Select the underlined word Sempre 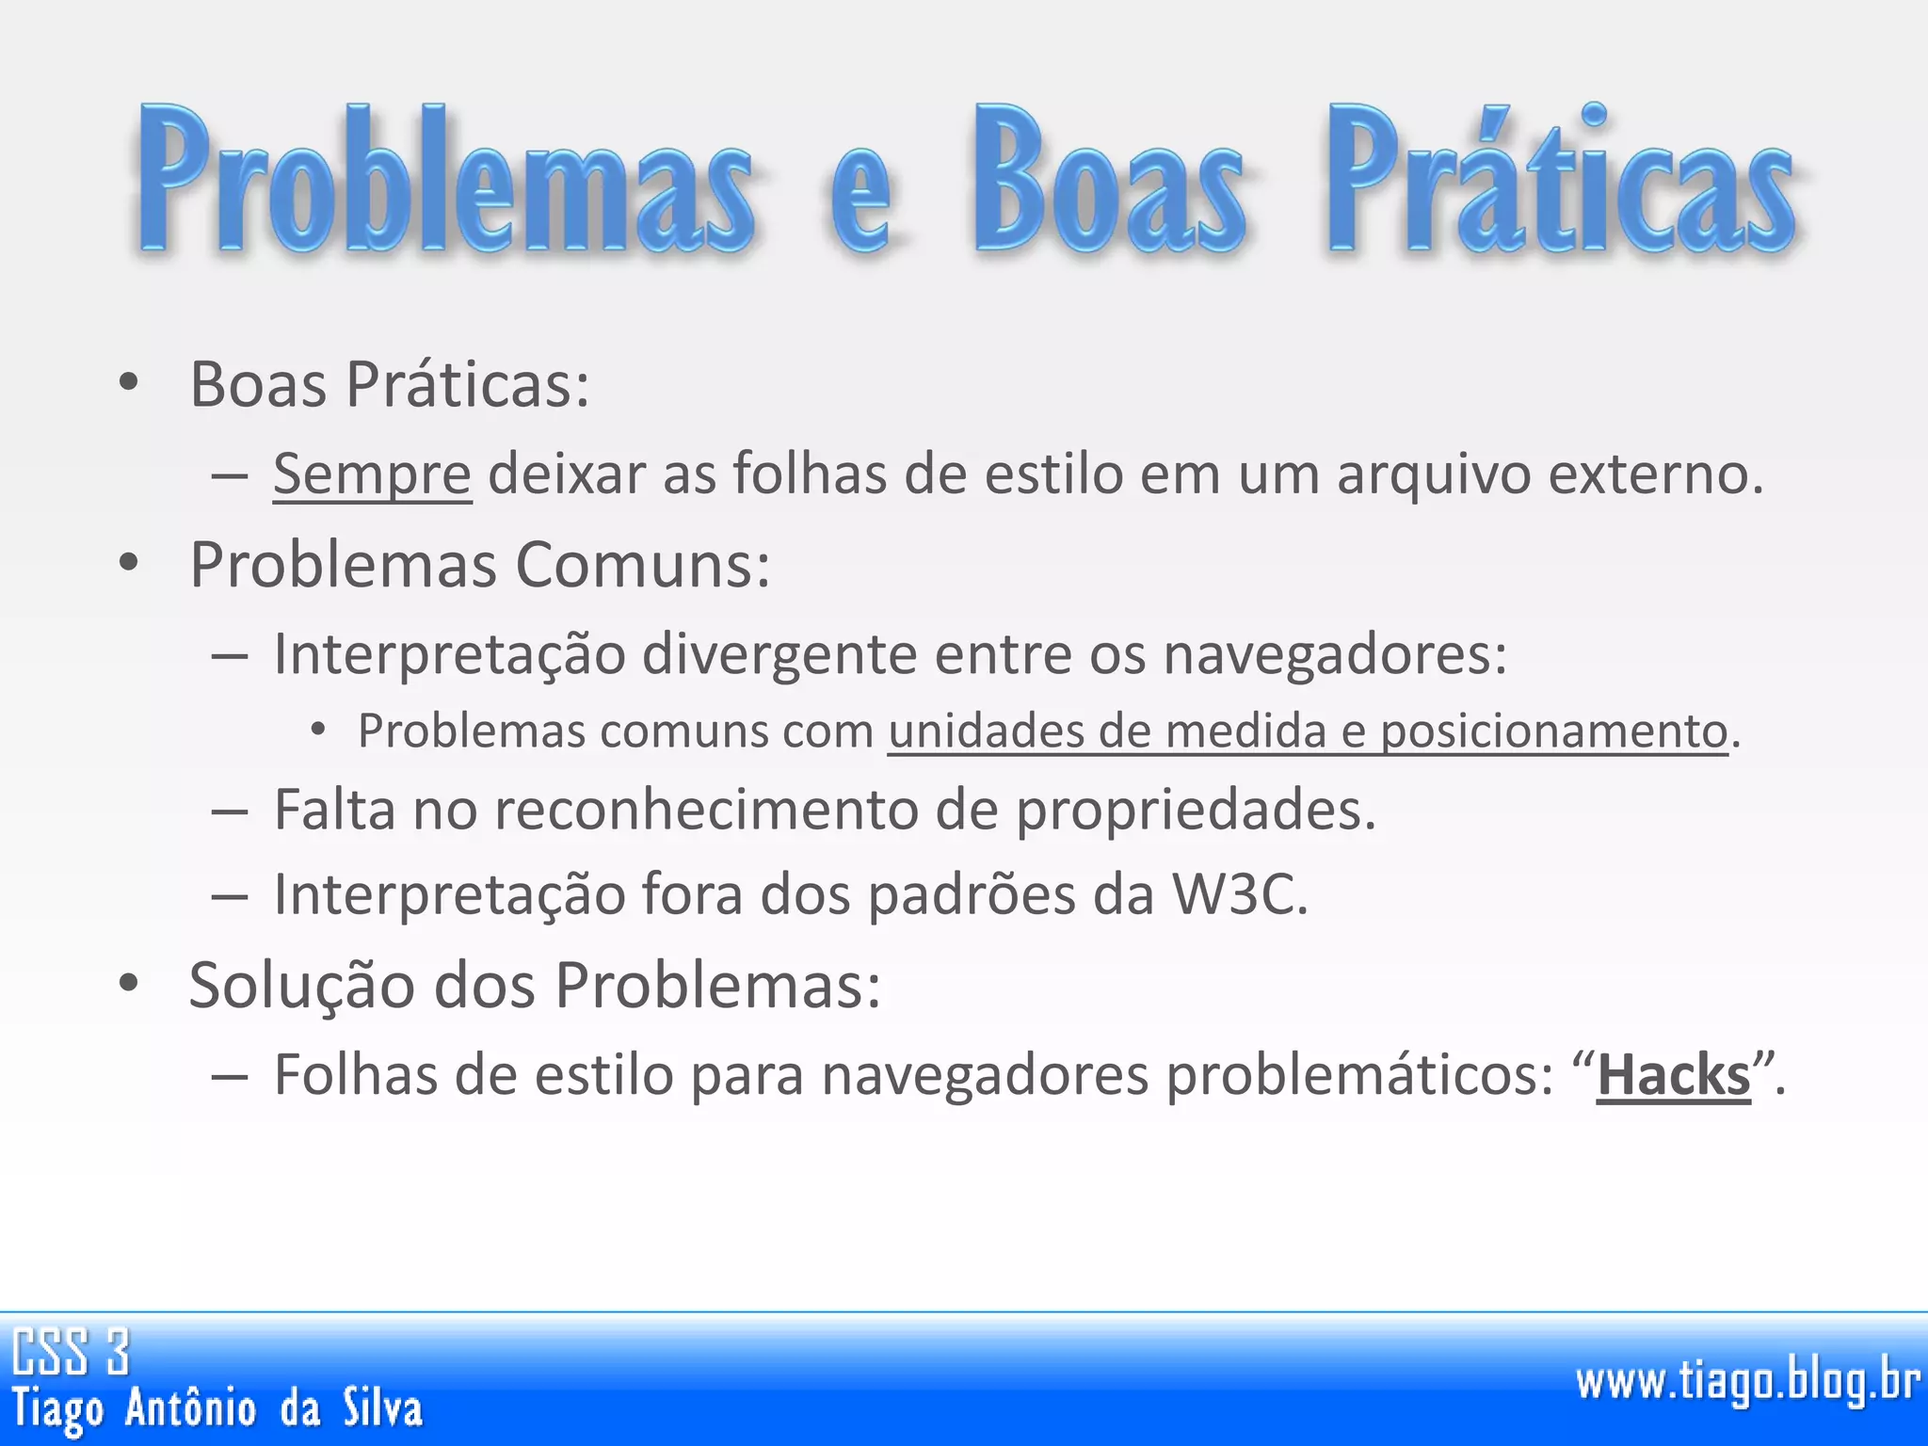pos(372,474)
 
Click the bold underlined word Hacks pos(1673,1076)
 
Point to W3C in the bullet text pos(1237,894)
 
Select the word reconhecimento pos(706,810)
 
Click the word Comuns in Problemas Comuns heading pos(642,566)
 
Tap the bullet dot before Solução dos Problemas pos(129,983)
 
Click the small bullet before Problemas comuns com pos(318,729)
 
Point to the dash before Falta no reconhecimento pos(230,811)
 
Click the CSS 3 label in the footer pos(71,1352)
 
